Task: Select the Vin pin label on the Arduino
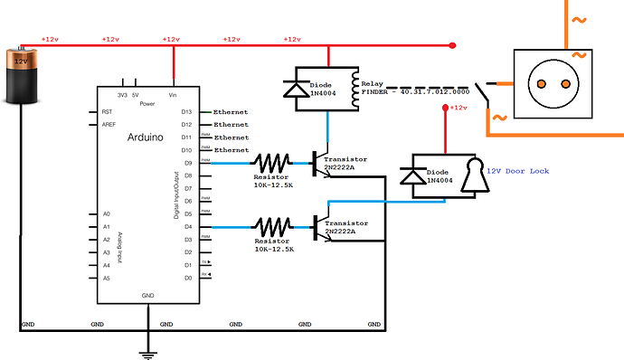[173, 94]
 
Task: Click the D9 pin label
[186, 163]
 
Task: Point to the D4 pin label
[186, 226]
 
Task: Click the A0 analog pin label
[107, 214]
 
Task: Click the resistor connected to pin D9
[272, 163]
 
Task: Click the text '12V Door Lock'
[517, 170]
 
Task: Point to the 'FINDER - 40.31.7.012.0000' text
[415, 91]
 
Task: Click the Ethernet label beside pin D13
[231, 111]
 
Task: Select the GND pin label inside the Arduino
[147, 296]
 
